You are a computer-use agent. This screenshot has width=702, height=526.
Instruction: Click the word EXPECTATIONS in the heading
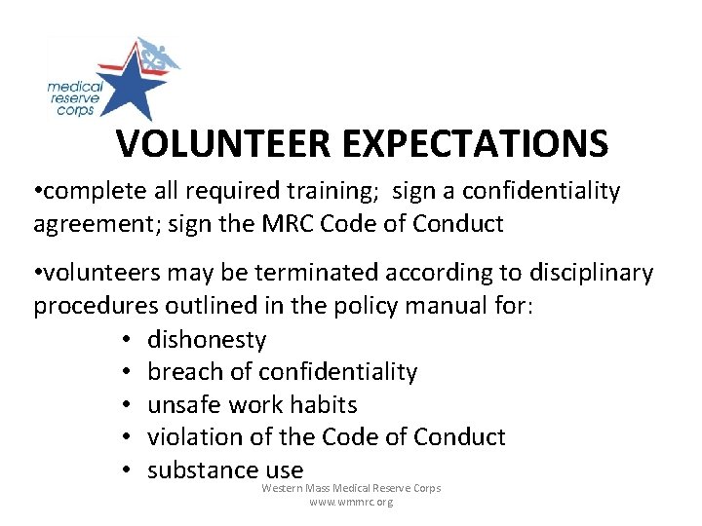coord(476,144)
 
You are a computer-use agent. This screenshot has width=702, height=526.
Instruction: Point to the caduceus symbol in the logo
coord(155,59)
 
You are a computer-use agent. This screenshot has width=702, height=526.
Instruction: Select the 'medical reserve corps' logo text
coord(74,98)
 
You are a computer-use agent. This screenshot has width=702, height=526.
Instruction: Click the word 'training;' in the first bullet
coord(330,192)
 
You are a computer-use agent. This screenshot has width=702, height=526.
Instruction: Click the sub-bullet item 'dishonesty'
coord(207,339)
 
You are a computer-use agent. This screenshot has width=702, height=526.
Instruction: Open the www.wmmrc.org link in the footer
coord(351,503)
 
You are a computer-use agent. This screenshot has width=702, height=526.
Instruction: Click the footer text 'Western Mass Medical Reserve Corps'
coord(351,488)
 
